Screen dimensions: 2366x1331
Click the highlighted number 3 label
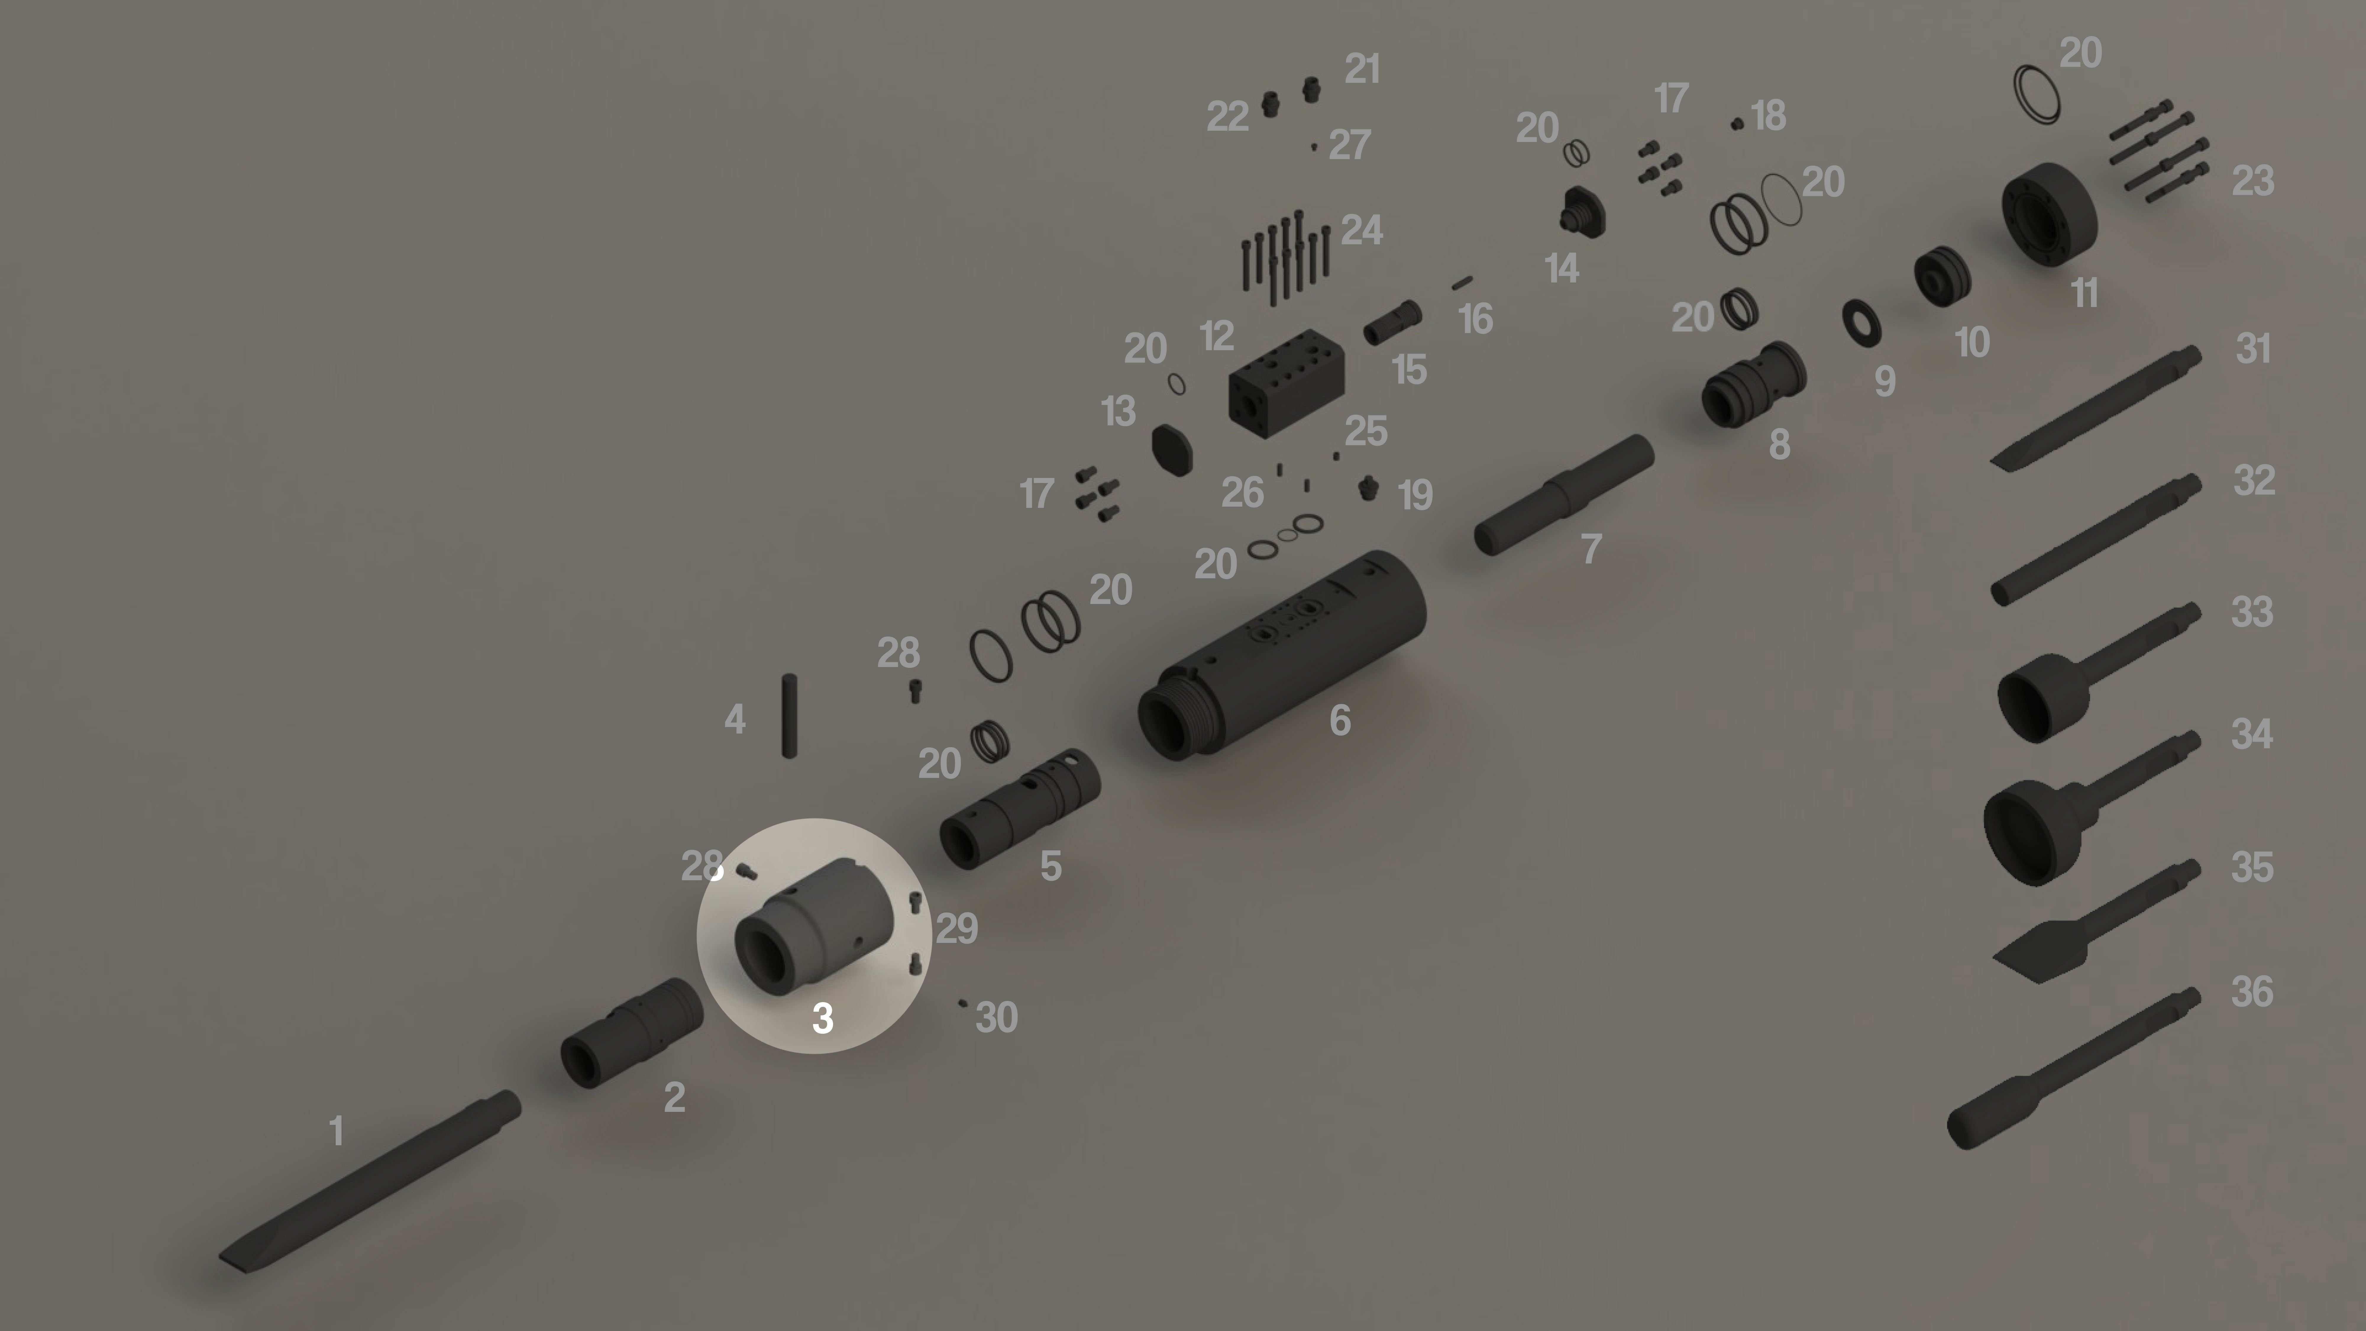click(x=822, y=1018)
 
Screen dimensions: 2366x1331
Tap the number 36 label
click(x=2252, y=992)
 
